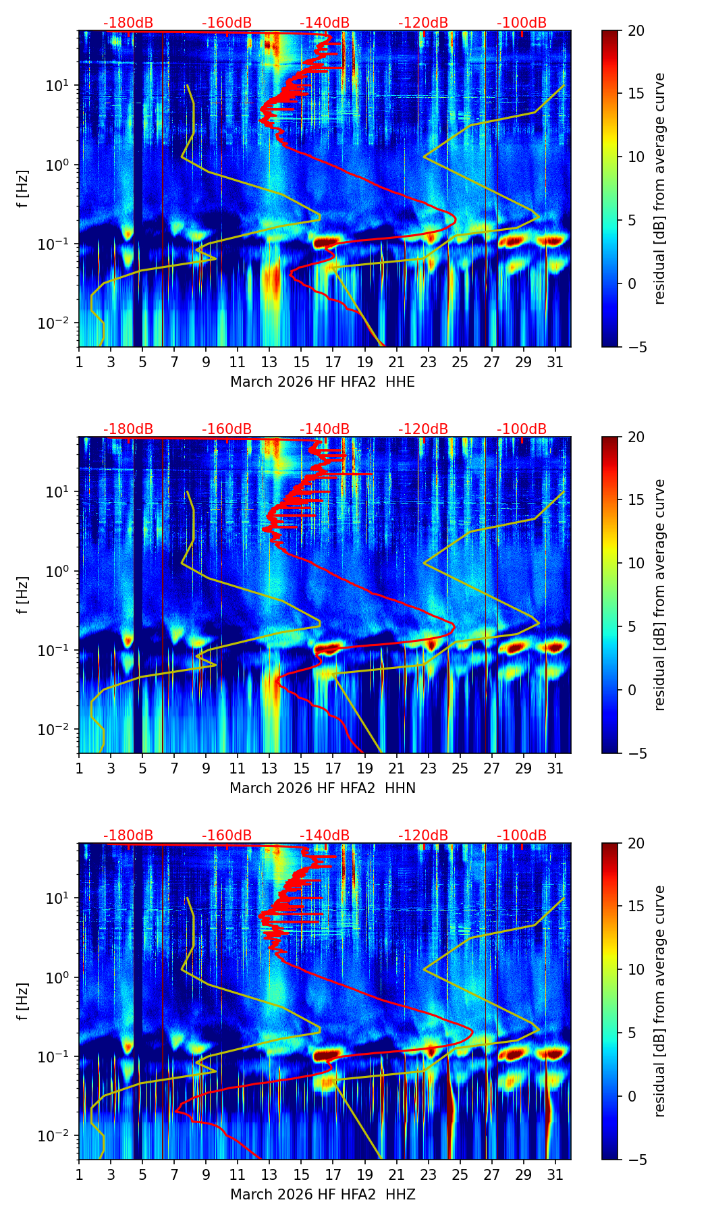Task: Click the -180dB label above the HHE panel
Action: (x=128, y=23)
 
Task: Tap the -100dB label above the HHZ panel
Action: (x=522, y=836)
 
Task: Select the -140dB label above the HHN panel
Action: (x=325, y=429)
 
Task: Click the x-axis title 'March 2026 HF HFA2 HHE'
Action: (x=323, y=382)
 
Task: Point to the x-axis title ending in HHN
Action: (x=323, y=788)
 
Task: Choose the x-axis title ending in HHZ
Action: (x=323, y=1195)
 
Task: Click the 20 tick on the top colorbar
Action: (x=636, y=30)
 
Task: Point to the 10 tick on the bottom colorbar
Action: (x=636, y=970)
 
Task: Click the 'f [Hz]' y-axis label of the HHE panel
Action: (x=23, y=189)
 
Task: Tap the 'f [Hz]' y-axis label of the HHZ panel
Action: (x=23, y=1002)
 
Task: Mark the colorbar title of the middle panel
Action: (x=660, y=595)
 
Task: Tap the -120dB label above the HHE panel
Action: (x=423, y=23)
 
